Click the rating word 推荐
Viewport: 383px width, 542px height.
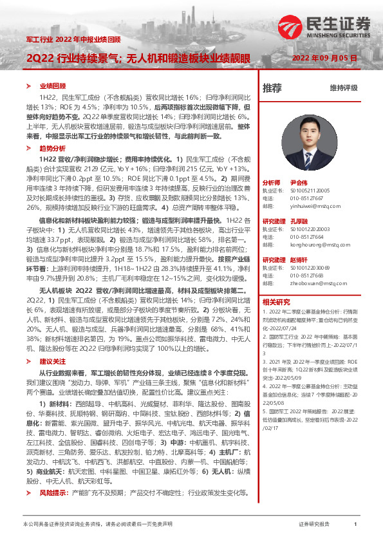[272, 87]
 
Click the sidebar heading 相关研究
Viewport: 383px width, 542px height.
[276, 302]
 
